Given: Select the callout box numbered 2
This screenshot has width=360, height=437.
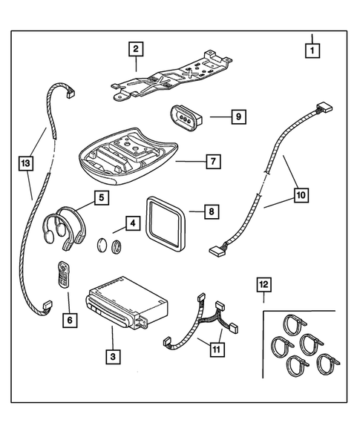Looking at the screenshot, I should pos(135,50).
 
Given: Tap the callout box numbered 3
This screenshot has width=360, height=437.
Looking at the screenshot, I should pos(111,358).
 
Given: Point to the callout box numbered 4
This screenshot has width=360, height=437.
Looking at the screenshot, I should pos(131,222).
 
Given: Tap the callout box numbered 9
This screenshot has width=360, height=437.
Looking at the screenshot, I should pos(238,117).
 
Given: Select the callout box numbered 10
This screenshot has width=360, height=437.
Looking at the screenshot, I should pos(301,196).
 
